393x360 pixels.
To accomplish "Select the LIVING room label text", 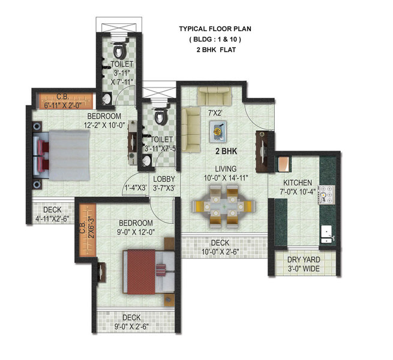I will (226, 169).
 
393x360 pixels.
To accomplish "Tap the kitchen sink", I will (326, 232).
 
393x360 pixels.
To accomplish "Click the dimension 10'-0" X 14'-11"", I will (226, 178).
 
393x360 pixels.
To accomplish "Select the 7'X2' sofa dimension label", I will (215, 112).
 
